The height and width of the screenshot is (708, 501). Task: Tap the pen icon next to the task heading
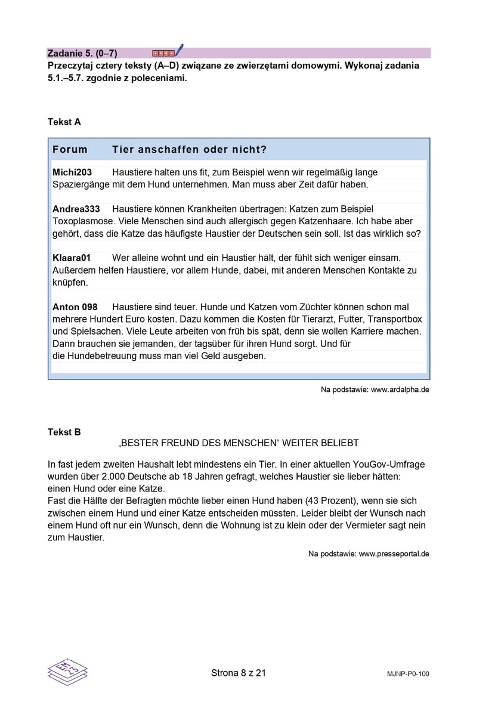pyautogui.click(x=179, y=51)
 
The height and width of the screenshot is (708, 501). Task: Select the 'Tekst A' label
pyautogui.click(x=64, y=122)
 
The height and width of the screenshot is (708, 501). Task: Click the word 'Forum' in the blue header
pyautogui.click(x=70, y=149)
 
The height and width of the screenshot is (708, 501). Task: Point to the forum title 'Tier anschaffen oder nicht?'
pyautogui.click(x=189, y=149)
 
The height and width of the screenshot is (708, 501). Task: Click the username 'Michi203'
pyautogui.click(x=72, y=172)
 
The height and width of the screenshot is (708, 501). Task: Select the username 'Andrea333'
pyautogui.click(x=76, y=209)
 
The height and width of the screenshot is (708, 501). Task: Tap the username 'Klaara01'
pyautogui.click(x=72, y=258)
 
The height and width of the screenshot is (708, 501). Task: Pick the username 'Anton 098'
pyautogui.click(x=75, y=307)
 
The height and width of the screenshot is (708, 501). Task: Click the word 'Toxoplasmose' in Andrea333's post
pyautogui.click(x=81, y=221)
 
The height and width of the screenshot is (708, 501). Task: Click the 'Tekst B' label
pyautogui.click(x=64, y=432)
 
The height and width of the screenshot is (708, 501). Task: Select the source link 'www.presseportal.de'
pyautogui.click(x=394, y=554)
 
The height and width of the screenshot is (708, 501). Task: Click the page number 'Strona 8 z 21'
pyautogui.click(x=238, y=673)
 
